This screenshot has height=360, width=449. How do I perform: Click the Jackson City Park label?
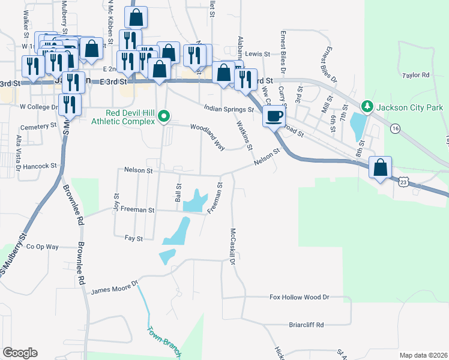pyautogui.click(x=409, y=108)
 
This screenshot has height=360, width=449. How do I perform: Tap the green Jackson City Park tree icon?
pyautogui.click(x=367, y=107)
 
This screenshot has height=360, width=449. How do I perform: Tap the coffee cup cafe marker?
pyautogui.click(x=274, y=116)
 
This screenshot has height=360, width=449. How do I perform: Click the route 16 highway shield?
pyautogui.click(x=394, y=128)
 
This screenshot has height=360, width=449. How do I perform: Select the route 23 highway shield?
pyautogui.click(x=404, y=180)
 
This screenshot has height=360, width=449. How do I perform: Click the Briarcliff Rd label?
pyautogui.click(x=306, y=325)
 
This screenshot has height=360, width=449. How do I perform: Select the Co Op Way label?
pyautogui.click(x=42, y=247)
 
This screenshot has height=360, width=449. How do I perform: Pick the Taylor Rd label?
pyautogui.click(x=417, y=75)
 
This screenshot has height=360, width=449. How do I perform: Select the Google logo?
pyautogui.click(x=20, y=353)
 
